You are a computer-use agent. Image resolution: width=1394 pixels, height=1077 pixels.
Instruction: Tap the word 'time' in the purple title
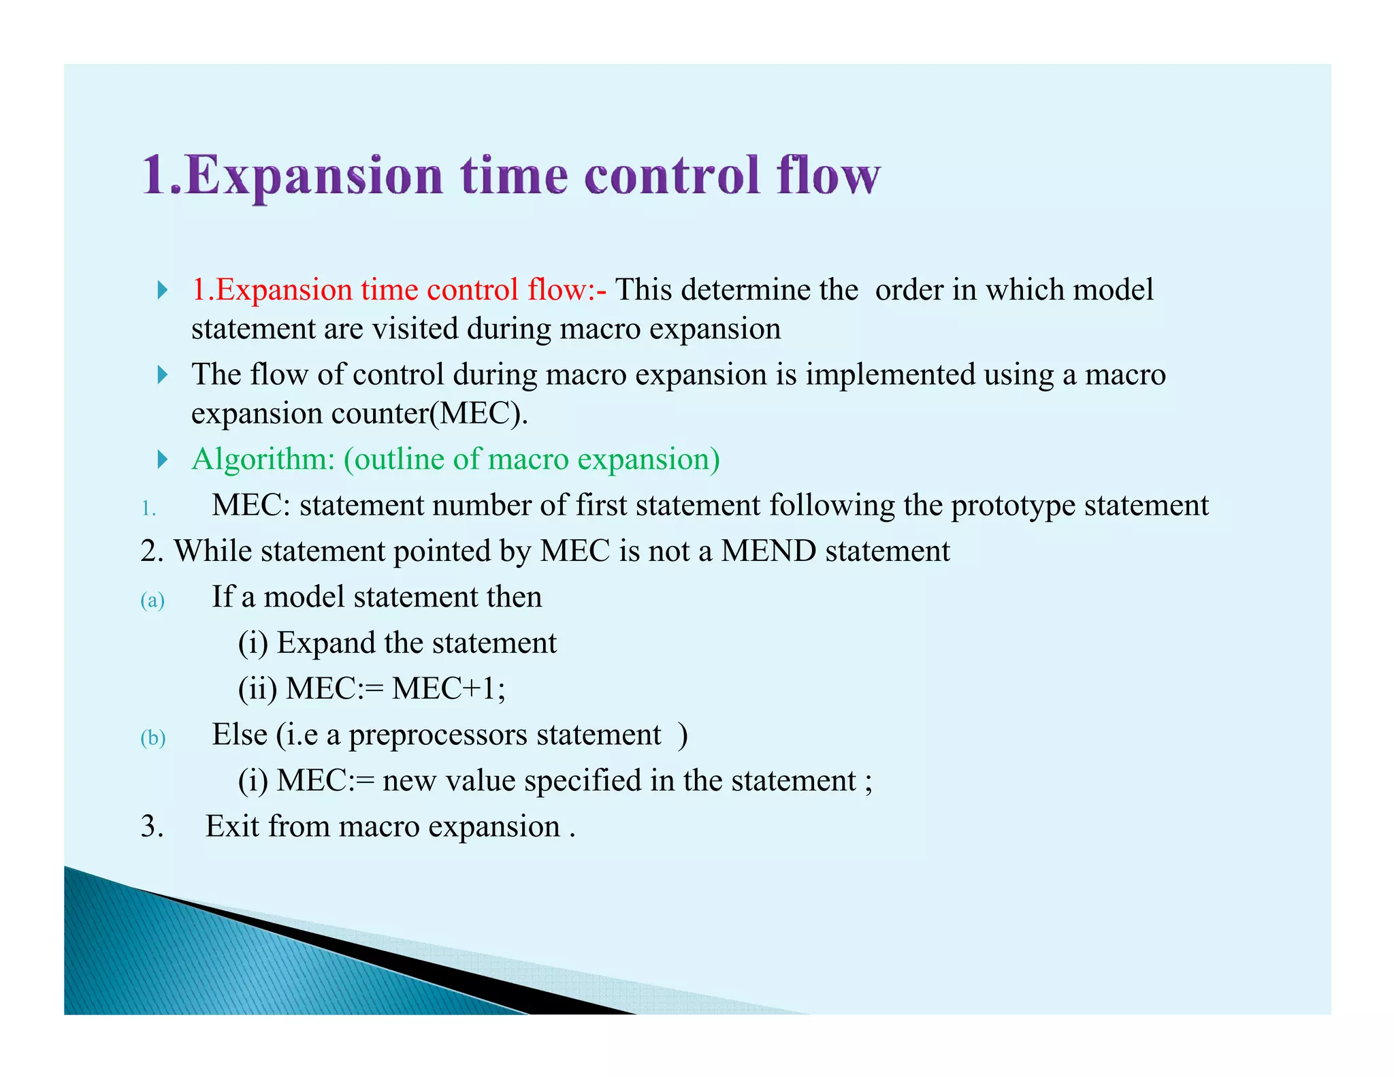[514, 175]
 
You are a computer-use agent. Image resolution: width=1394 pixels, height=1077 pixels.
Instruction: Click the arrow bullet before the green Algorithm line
[162, 460]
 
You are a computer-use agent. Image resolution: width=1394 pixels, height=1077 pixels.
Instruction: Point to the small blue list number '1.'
[148, 509]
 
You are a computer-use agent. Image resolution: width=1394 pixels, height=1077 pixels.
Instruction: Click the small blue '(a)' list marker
[152, 600]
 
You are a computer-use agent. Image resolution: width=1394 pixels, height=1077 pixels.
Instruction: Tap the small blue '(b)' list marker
[152, 738]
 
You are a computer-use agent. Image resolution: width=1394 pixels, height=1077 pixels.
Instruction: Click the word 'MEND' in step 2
[768, 551]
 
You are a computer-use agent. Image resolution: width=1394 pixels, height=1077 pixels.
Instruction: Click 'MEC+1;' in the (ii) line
[449, 688]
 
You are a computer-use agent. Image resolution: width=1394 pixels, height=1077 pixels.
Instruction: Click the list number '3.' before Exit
[152, 826]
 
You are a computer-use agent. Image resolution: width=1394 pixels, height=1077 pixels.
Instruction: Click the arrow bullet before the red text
[162, 290]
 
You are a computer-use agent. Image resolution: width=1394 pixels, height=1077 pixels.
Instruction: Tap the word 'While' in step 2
[213, 551]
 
